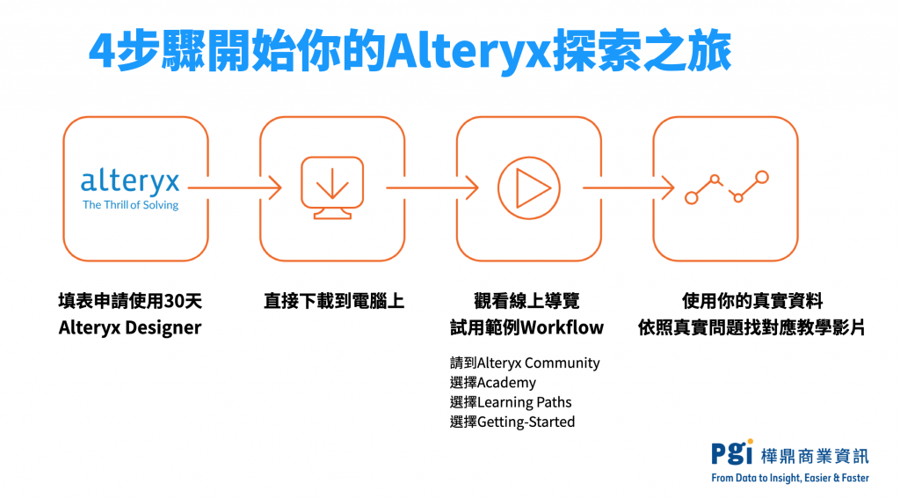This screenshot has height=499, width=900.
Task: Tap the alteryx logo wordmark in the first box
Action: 130,182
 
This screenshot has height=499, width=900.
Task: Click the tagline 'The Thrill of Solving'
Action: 130,205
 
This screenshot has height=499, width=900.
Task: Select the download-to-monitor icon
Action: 332,187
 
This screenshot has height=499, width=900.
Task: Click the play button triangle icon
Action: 529,187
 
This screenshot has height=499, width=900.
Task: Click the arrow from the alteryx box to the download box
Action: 234,187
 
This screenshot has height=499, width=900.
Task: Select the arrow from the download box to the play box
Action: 431,187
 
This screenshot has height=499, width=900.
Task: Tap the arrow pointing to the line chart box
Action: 628,187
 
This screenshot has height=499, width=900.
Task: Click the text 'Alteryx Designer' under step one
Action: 130,328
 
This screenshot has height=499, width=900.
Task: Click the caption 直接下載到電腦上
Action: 334,301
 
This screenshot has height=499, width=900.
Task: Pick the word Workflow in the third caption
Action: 563,328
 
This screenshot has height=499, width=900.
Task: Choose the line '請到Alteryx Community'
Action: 525,362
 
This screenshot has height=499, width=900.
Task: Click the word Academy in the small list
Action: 506,382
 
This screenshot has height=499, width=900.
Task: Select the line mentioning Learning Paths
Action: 511,402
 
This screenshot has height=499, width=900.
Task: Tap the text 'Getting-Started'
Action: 526,422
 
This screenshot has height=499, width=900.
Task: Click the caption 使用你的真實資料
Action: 752,301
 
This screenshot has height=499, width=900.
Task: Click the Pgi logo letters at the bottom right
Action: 732,452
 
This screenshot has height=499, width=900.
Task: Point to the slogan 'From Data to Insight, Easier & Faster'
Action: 790,478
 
